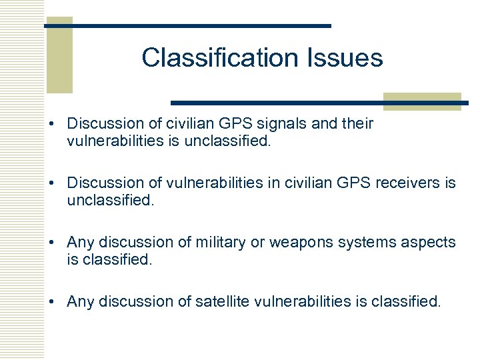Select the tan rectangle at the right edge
422,101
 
